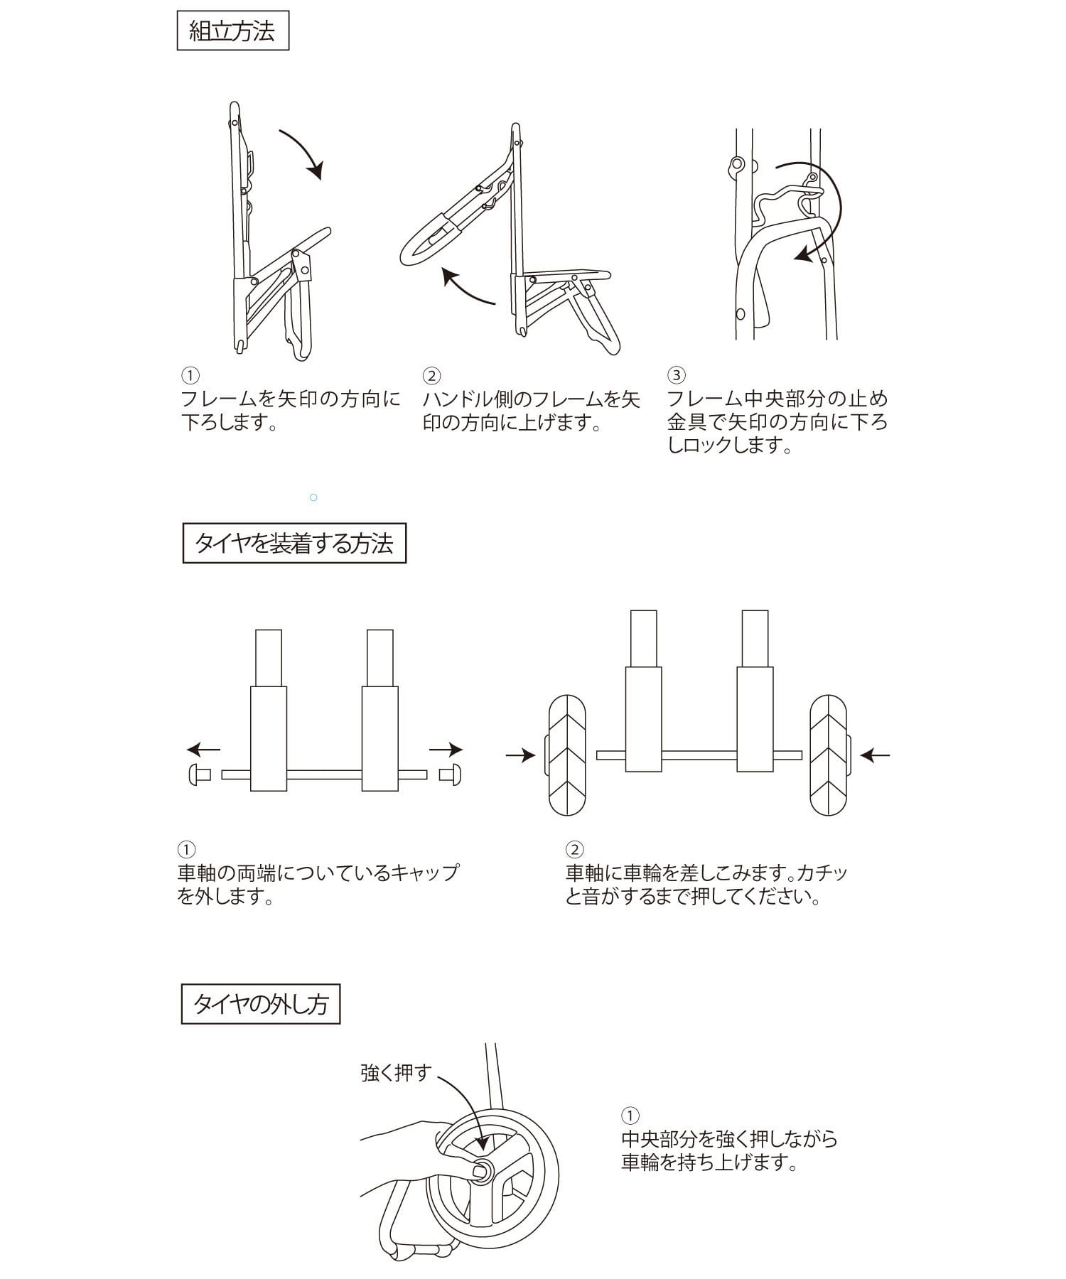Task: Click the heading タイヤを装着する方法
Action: (x=294, y=544)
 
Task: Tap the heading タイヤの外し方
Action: (x=261, y=1004)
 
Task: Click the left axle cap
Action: (x=198, y=775)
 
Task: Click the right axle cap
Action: (x=451, y=775)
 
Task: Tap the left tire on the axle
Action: (x=567, y=755)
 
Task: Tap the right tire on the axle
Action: (x=829, y=755)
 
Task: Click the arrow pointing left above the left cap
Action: (x=204, y=749)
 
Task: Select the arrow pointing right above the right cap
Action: (x=446, y=749)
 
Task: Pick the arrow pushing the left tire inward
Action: (x=521, y=755)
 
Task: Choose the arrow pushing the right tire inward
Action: (x=875, y=755)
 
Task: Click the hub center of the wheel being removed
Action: (x=483, y=1170)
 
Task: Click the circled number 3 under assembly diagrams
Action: (x=677, y=374)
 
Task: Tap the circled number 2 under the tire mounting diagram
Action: (x=574, y=849)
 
